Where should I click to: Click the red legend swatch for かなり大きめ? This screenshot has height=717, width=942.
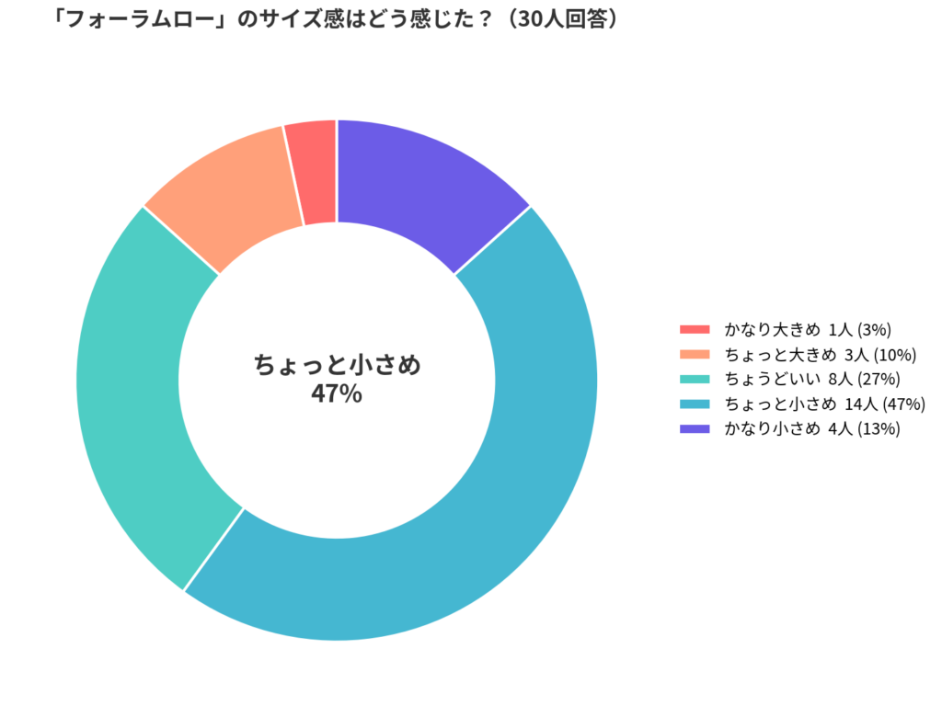coord(695,329)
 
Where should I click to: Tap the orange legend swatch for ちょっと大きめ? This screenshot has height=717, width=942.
coord(695,354)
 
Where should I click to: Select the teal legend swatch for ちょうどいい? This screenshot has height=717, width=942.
coord(695,379)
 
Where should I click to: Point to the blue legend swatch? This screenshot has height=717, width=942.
coord(695,404)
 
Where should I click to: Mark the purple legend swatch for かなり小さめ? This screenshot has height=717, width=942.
coord(695,428)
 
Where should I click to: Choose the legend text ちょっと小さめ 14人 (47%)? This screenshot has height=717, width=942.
coord(824,404)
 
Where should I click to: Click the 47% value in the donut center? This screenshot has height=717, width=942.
coord(337,394)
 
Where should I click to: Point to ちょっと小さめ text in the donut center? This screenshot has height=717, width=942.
coord(337,366)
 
